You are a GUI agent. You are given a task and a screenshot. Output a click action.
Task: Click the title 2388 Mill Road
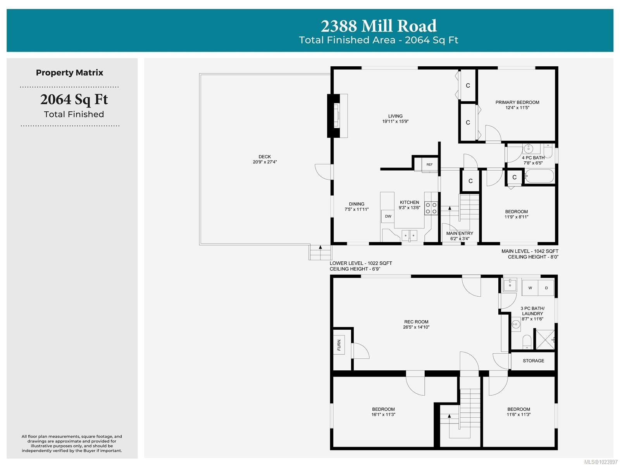(378, 26)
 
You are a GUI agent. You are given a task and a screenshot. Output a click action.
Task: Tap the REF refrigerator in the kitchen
(429, 164)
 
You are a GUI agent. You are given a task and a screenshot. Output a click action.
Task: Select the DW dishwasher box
(388, 216)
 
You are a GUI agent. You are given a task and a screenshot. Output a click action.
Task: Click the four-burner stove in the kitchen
(431, 208)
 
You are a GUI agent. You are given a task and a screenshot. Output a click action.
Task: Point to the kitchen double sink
(409, 235)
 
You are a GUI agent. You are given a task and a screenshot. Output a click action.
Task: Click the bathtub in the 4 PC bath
(539, 176)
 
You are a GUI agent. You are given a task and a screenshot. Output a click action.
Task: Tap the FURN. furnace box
(339, 344)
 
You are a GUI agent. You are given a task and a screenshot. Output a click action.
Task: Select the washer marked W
(530, 288)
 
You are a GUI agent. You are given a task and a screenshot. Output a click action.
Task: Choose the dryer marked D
(546, 288)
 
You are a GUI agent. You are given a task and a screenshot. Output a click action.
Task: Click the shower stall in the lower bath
(545, 339)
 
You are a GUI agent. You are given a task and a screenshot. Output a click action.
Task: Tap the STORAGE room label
(533, 361)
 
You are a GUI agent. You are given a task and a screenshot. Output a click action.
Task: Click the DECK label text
(264, 157)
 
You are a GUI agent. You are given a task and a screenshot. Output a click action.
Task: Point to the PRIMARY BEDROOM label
(517, 102)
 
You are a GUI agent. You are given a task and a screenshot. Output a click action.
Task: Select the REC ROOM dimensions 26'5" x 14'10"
(416, 327)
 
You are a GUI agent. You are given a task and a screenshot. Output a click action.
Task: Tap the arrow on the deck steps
(320, 247)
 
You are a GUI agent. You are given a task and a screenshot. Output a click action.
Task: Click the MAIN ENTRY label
(460, 233)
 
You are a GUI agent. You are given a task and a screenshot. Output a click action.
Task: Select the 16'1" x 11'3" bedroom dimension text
(383, 415)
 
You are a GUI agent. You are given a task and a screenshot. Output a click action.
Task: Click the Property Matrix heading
(69, 73)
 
